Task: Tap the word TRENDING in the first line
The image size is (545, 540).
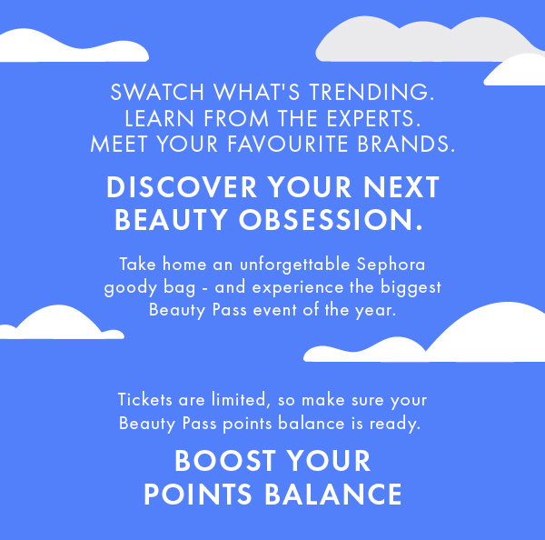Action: tap(372, 92)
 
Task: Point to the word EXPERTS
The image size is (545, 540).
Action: tap(373, 118)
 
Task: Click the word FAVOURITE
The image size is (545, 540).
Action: tap(288, 144)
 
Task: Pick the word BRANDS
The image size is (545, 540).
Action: tap(406, 144)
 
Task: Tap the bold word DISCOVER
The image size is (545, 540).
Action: tap(182, 187)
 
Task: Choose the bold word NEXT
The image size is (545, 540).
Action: tap(401, 187)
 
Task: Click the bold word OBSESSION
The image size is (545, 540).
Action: tap(331, 220)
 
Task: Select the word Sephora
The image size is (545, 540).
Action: tap(391, 265)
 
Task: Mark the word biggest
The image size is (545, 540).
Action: tap(411, 288)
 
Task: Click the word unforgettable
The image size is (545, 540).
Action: tap(294, 265)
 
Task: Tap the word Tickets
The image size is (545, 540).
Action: tap(145, 399)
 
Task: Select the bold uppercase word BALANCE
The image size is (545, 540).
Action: tap(333, 494)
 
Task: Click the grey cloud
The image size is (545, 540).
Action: tap(417, 41)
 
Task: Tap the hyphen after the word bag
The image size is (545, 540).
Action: tap(205, 289)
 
